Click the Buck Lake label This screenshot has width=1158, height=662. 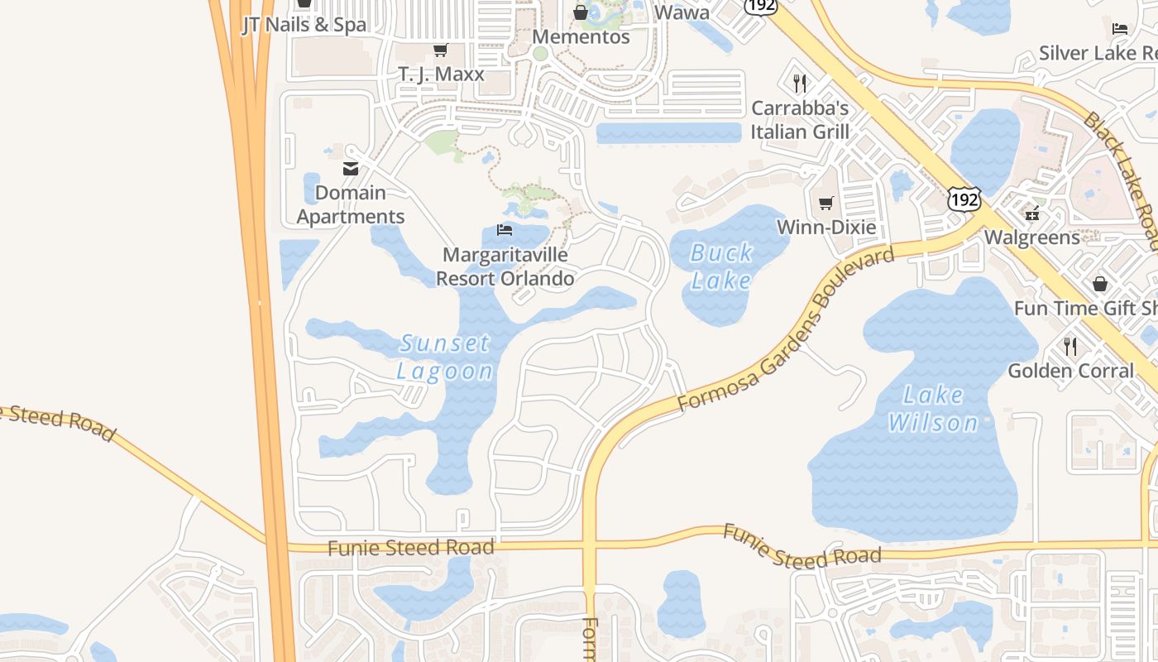click(722, 266)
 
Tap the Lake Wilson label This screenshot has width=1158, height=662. click(933, 409)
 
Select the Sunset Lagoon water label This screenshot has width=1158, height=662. click(445, 357)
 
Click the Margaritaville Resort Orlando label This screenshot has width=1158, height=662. click(505, 266)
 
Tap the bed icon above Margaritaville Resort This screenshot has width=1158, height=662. click(505, 230)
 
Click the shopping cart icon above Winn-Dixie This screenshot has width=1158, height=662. click(825, 203)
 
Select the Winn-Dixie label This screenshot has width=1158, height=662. click(825, 227)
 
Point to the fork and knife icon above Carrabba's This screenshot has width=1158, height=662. click(799, 84)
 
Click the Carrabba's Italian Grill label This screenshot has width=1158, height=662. click(800, 120)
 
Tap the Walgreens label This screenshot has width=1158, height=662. click(1031, 237)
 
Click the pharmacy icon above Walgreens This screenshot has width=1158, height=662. click(1031, 213)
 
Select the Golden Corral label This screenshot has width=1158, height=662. click(1070, 370)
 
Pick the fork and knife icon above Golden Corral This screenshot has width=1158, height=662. click(1070, 346)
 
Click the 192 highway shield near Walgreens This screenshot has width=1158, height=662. click(964, 199)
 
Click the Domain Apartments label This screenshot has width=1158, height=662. click(351, 204)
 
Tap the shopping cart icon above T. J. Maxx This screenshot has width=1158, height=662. click(441, 50)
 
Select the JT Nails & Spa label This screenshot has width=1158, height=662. click(304, 25)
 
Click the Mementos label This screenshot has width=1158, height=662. click(581, 37)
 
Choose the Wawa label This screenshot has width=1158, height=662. click(682, 12)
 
